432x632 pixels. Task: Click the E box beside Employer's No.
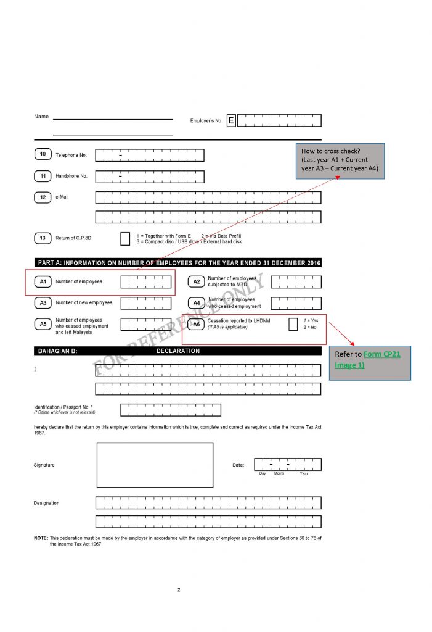[x=231, y=120]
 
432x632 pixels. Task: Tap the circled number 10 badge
[x=43, y=155]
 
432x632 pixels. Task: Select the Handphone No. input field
[x=150, y=177]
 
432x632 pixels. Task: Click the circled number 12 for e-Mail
[x=43, y=197]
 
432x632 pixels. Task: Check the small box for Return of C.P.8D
[x=125, y=239]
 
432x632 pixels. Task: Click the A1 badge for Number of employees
[x=43, y=281]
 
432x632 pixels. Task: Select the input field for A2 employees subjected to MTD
[x=296, y=282]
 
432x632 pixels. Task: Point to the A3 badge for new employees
[x=43, y=303]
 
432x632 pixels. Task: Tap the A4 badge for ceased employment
[x=197, y=303]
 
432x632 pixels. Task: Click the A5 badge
[x=43, y=324]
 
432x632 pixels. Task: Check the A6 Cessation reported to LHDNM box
[x=293, y=324]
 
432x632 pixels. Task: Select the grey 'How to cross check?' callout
[x=340, y=160]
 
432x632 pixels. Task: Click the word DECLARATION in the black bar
[x=178, y=351]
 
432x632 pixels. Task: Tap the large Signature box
[x=155, y=465]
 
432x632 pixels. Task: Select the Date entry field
[x=287, y=465]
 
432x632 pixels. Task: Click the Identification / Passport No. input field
[x=170, y=410]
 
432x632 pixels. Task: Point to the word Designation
[x=47, y=503]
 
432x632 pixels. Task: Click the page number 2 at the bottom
[x=179, y=591]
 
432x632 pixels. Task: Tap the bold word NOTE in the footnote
[x=41, y=538]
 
